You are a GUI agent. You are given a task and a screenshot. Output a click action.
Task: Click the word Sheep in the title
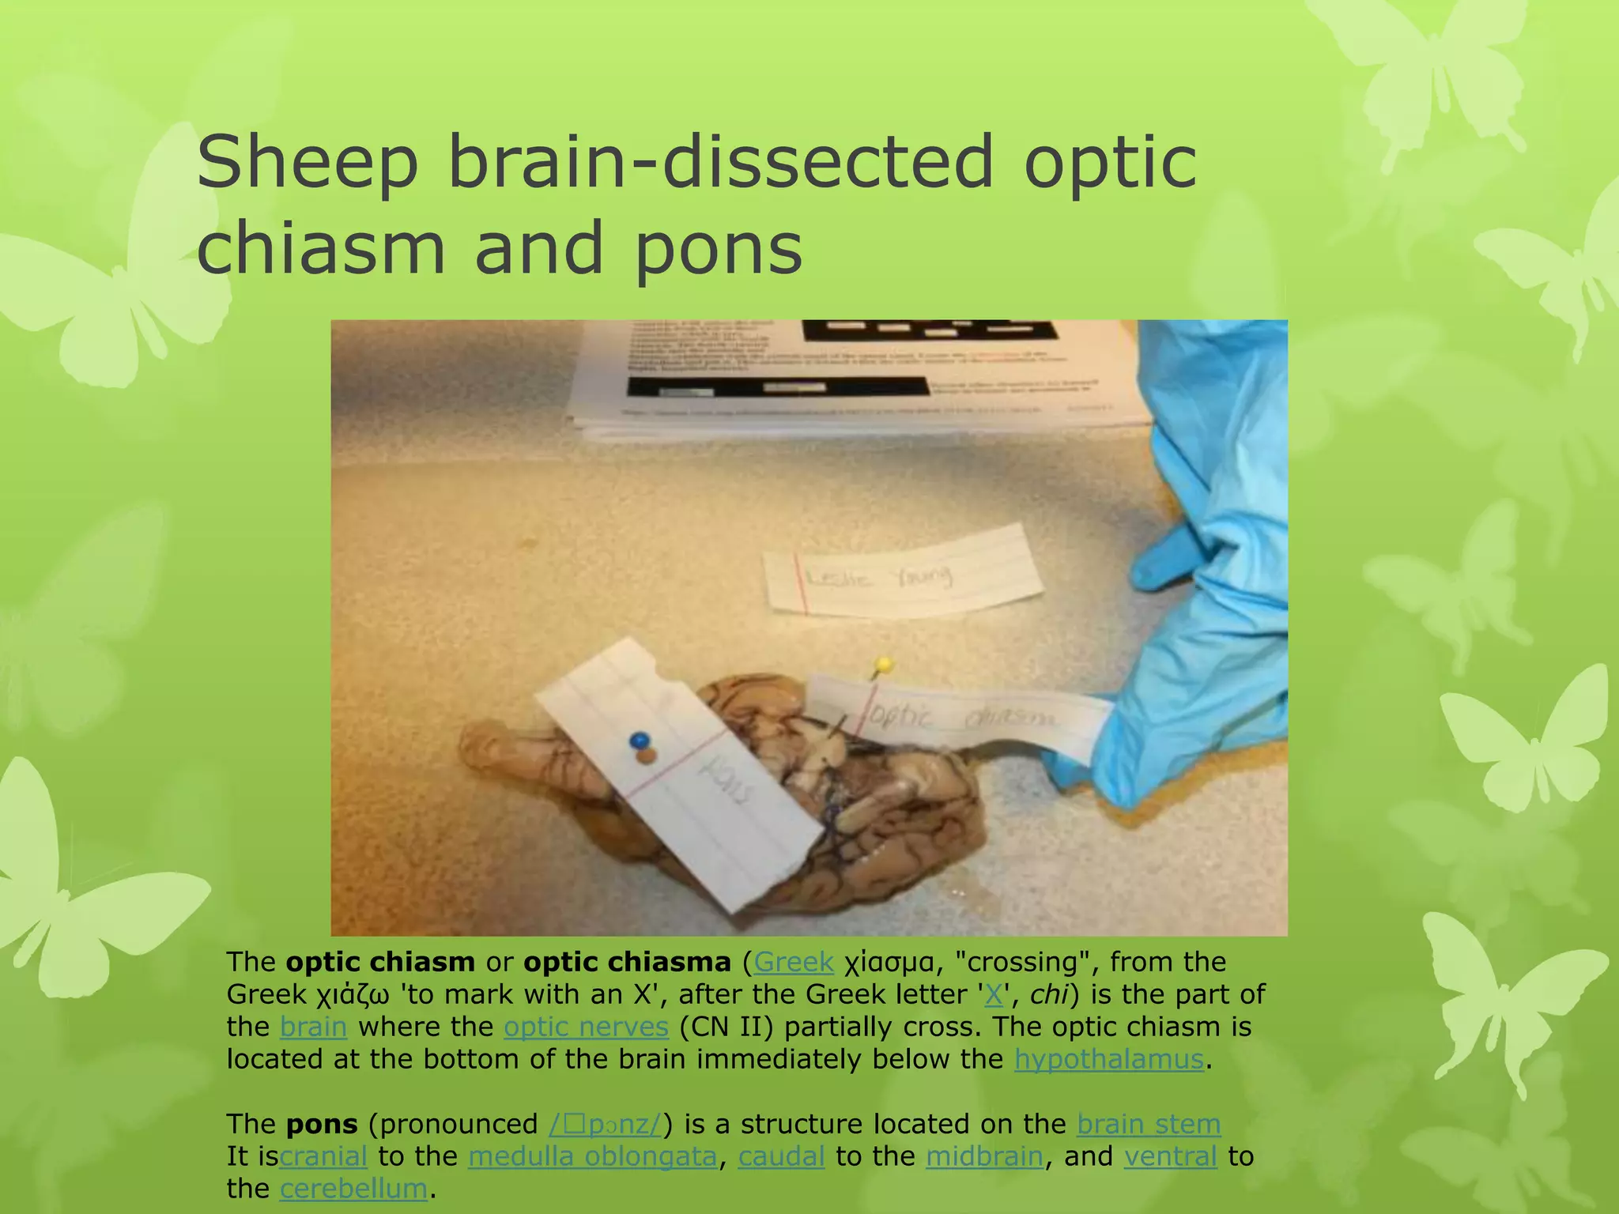[307, 164]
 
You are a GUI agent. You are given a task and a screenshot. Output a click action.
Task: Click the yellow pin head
[885, 664]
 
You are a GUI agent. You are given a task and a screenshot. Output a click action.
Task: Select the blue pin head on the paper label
[639, 741]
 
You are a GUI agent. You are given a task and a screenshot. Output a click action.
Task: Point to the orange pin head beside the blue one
[647, 756]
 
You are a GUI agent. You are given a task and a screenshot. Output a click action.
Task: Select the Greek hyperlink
[793, 962]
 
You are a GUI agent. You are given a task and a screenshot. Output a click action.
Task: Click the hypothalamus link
[1108, 1059]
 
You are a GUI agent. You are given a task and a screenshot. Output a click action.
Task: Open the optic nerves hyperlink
[586, 1027]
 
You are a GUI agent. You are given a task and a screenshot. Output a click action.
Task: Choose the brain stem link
[1148, 1124]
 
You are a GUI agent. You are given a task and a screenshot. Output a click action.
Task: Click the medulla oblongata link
[592, 1156]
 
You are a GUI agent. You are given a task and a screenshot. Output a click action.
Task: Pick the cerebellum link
[353, 1189]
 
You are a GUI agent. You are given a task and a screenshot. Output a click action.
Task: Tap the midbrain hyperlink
[984, 1156]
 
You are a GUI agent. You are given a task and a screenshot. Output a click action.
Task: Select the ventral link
[1170, 1156]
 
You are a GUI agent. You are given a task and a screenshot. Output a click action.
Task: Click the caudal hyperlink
[781, 1156]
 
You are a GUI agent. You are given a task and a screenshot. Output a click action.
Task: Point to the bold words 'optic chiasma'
[627, 962]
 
